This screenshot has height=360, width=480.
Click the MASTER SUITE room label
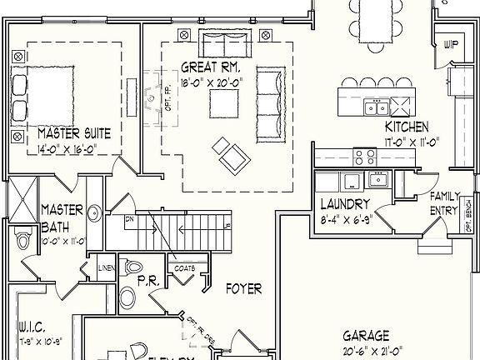click(74, 133)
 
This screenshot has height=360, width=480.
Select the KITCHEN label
click(407, 127)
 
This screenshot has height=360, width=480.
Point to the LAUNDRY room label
click(344, 203)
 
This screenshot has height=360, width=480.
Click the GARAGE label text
click(365, 336)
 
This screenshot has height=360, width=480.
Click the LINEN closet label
click(106, 267)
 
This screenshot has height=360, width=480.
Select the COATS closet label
click(184, 268)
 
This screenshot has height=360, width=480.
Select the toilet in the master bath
click(23, 240)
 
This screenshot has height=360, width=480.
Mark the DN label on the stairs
click(129, 219)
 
